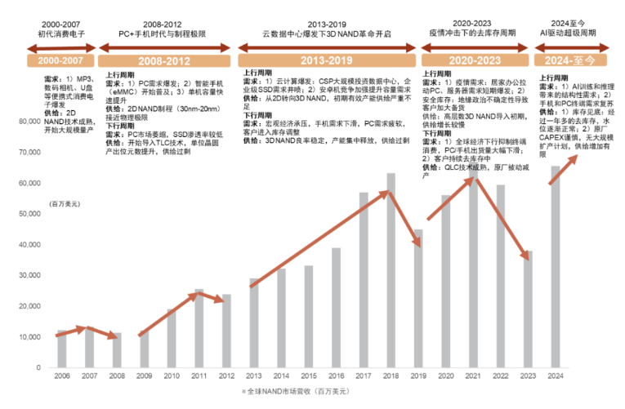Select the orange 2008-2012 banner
165,61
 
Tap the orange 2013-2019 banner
327,61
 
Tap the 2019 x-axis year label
418,376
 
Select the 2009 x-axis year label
144,376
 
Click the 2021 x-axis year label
473,376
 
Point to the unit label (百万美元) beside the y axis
65,203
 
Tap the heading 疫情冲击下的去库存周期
473,35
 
